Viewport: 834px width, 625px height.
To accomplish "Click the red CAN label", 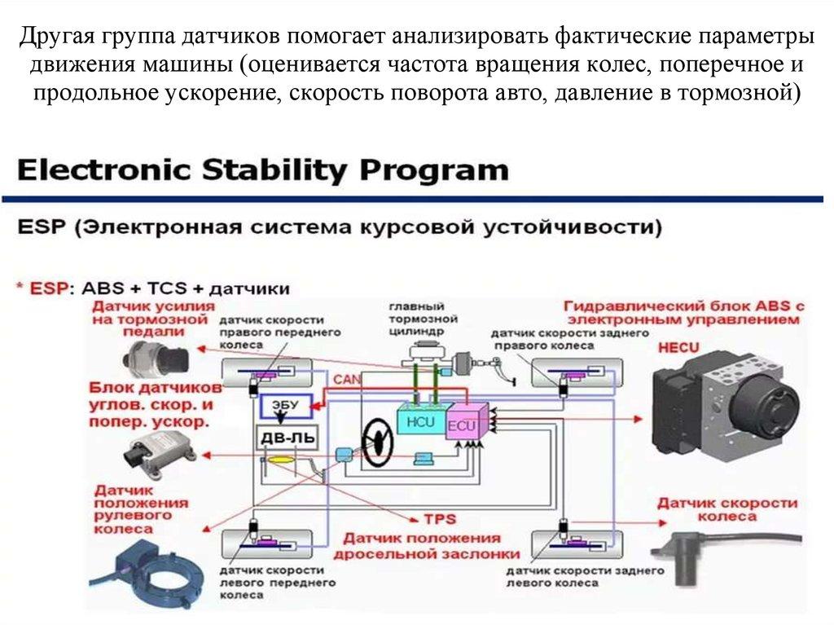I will [345, 379].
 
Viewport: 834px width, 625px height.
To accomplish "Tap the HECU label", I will [678, 348].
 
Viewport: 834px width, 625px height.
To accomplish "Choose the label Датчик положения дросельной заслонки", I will [421, 545].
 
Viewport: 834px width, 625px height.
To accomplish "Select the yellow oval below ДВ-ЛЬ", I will [282, 461].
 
